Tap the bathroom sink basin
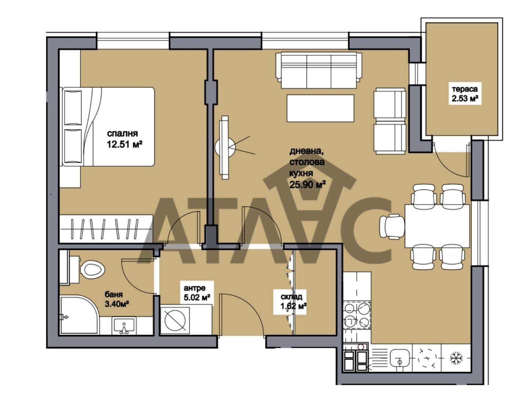124,325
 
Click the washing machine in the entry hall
175,320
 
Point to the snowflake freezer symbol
456,358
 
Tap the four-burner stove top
357,315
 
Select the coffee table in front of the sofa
320,108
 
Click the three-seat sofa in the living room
319,70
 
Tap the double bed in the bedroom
108,127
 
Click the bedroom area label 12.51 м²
125,145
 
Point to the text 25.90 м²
307,185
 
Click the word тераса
465,89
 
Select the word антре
194,288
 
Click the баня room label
114,294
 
